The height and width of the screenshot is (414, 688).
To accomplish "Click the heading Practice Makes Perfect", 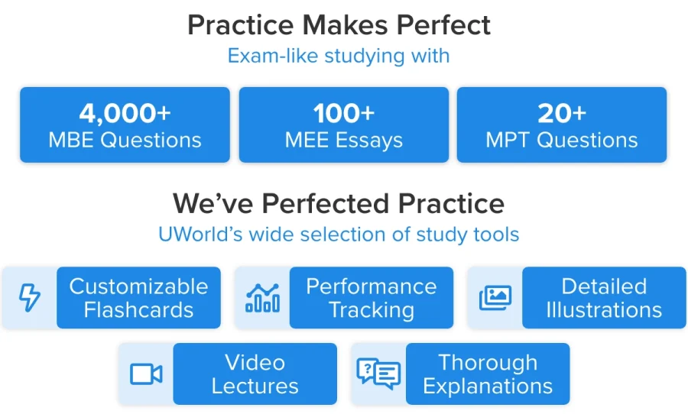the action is click(339, 25).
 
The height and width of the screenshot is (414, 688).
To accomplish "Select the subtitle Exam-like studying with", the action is click(339, 56).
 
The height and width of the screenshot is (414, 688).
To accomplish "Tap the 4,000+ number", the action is click(125, 113).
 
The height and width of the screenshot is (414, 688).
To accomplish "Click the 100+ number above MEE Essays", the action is click(344, 113).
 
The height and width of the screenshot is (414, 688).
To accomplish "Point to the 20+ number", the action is click(562, 113).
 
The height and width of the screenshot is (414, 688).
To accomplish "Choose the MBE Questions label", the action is click(125, 141).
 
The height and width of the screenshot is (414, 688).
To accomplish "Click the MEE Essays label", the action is click(344, 141).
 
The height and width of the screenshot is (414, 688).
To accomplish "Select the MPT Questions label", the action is click(562, 141).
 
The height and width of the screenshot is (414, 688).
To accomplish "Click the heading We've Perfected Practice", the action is click(339, 203).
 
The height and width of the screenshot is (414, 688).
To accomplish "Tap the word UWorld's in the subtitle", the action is click(200, 234).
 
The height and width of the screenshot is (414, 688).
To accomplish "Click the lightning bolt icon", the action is click(30, 297).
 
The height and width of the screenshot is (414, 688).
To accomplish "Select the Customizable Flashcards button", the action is click(138, 298).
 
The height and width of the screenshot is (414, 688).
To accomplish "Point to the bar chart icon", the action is click(262, 298).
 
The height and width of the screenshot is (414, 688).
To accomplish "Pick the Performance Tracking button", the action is click(372, 298).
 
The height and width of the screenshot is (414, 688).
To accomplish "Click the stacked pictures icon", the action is click(495, 298).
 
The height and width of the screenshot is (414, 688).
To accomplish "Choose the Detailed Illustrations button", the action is click(604, 298).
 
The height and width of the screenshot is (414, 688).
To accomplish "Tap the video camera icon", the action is click(146, 374).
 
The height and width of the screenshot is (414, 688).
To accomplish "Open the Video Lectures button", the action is click(255, 374).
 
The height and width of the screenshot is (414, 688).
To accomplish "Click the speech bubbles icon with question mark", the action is click(378, 374).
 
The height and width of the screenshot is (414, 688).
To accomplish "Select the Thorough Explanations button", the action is click(488, 374).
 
